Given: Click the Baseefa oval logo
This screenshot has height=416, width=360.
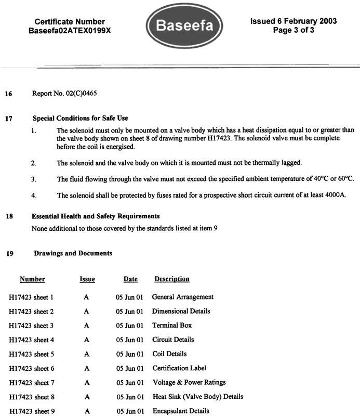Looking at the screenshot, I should point(184,25).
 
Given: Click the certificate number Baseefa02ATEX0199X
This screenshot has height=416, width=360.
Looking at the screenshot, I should point(70,31).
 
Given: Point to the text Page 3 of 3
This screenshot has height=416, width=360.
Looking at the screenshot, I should point(294,30).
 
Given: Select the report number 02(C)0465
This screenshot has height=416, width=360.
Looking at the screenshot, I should point(79,94).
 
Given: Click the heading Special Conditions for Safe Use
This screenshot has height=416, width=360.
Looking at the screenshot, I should point(80,118).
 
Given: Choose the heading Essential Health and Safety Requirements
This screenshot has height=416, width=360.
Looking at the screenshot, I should point(96,216).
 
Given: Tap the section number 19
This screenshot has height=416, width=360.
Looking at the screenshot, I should point(9,254).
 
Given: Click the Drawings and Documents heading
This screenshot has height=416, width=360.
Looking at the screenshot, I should point(73,253).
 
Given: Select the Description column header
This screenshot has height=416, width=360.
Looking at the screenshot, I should point(171,279).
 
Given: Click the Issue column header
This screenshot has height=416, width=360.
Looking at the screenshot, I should point(87,279).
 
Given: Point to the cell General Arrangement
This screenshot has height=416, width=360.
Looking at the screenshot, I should point(182,297).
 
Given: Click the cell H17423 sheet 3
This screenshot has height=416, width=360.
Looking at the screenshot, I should point(31,326).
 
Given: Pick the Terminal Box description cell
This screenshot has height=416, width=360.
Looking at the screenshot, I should point(171,326).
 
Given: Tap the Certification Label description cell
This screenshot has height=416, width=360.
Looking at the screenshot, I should point(179,368).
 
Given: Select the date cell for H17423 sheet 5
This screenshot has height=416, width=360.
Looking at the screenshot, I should point(129,354).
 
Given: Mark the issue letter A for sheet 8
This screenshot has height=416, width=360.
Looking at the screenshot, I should point(86,397).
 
